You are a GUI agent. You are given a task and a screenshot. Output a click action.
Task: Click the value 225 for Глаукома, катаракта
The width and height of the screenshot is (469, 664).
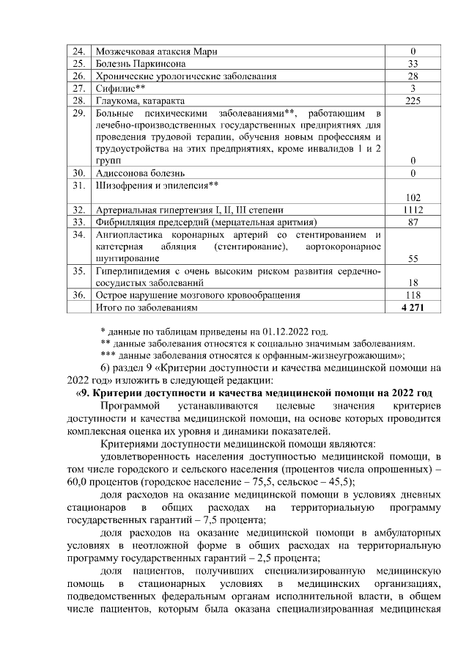click(413, 101)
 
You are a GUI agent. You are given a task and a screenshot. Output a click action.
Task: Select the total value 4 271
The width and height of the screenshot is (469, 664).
click(413, 307)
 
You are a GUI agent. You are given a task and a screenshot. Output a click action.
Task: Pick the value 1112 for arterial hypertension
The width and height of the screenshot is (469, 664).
click(413, 209)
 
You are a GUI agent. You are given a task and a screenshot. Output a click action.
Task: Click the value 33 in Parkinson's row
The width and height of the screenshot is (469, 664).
click(413, 64)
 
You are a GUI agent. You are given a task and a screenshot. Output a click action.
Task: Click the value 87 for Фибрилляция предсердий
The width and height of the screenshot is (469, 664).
click(413, 222)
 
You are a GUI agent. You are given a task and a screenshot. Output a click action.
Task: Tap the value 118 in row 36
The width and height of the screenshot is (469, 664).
click(413, 295)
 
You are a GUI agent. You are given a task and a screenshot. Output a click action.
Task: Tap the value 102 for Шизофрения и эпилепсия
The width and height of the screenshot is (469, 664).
click(413, 197)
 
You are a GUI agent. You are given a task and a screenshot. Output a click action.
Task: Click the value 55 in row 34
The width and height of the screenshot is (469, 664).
click(413, 258)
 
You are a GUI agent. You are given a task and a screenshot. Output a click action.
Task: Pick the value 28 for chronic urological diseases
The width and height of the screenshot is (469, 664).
click(413, 76)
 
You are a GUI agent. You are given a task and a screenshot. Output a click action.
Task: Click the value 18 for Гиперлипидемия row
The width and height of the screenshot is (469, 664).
click(413, 282)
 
